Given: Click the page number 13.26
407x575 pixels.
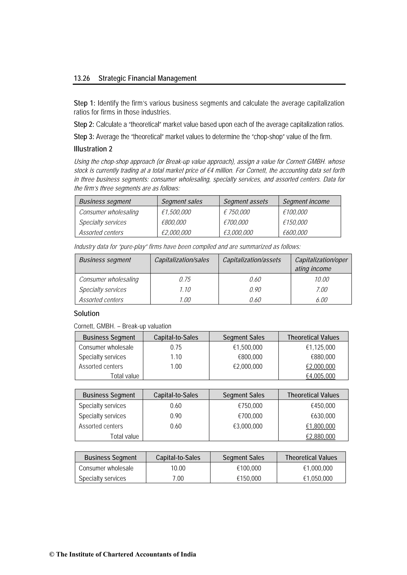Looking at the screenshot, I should pos(82,78).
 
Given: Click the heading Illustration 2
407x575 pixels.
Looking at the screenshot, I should pos(93,149).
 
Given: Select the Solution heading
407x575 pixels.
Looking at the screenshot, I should pos(86,314).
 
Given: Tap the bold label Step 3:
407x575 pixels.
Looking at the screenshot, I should pos(84,137).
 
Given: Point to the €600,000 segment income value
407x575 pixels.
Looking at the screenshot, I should pos(295,233).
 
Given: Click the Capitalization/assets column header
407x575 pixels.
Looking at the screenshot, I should pos(252,260).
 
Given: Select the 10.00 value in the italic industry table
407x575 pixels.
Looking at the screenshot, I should pos(322,279).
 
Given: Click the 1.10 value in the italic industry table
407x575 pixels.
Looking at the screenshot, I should pos(185,290).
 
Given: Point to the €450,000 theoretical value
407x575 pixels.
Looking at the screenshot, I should pos(323,406).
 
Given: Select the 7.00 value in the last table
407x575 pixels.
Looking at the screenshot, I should pos(178,478).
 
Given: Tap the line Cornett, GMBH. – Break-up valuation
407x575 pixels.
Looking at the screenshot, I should pos(122,326).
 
